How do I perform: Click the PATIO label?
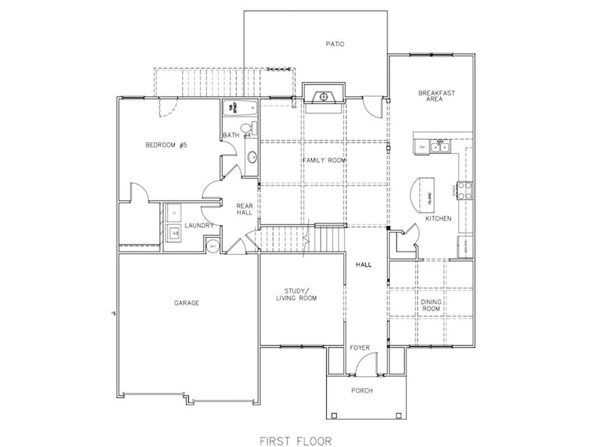pos(334,44)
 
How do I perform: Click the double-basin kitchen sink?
pos(441,146)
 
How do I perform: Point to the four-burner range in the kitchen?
pos(466,190)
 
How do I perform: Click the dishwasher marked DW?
pos(422,146)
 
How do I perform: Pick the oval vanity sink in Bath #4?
pos(251,157)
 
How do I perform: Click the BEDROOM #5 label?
pos(166,145)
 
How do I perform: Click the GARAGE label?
pos(186,303)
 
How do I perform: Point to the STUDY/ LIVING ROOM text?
pos(296,294)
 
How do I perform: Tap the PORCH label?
pos(362,391)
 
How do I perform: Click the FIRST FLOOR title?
pos(298,440)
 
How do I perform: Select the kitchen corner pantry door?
pos(409,238)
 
